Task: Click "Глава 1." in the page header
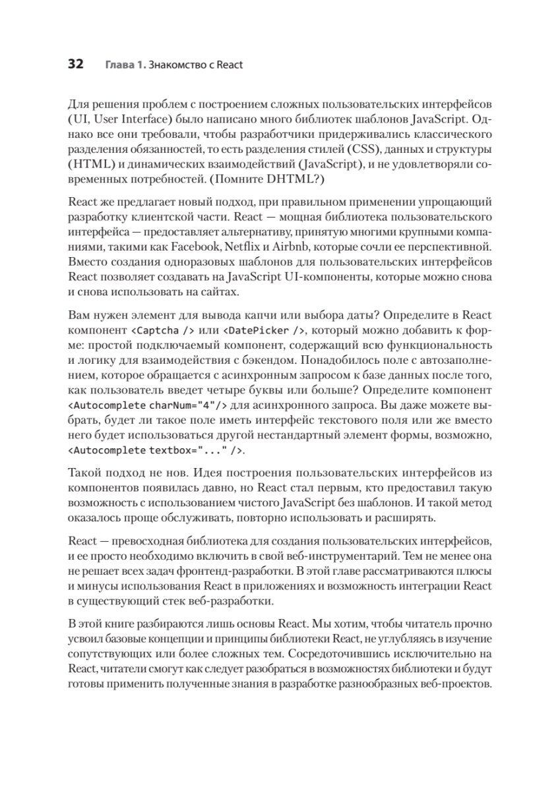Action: [123, 65]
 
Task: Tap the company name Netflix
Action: [243, 247]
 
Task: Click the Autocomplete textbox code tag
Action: [156, 450]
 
